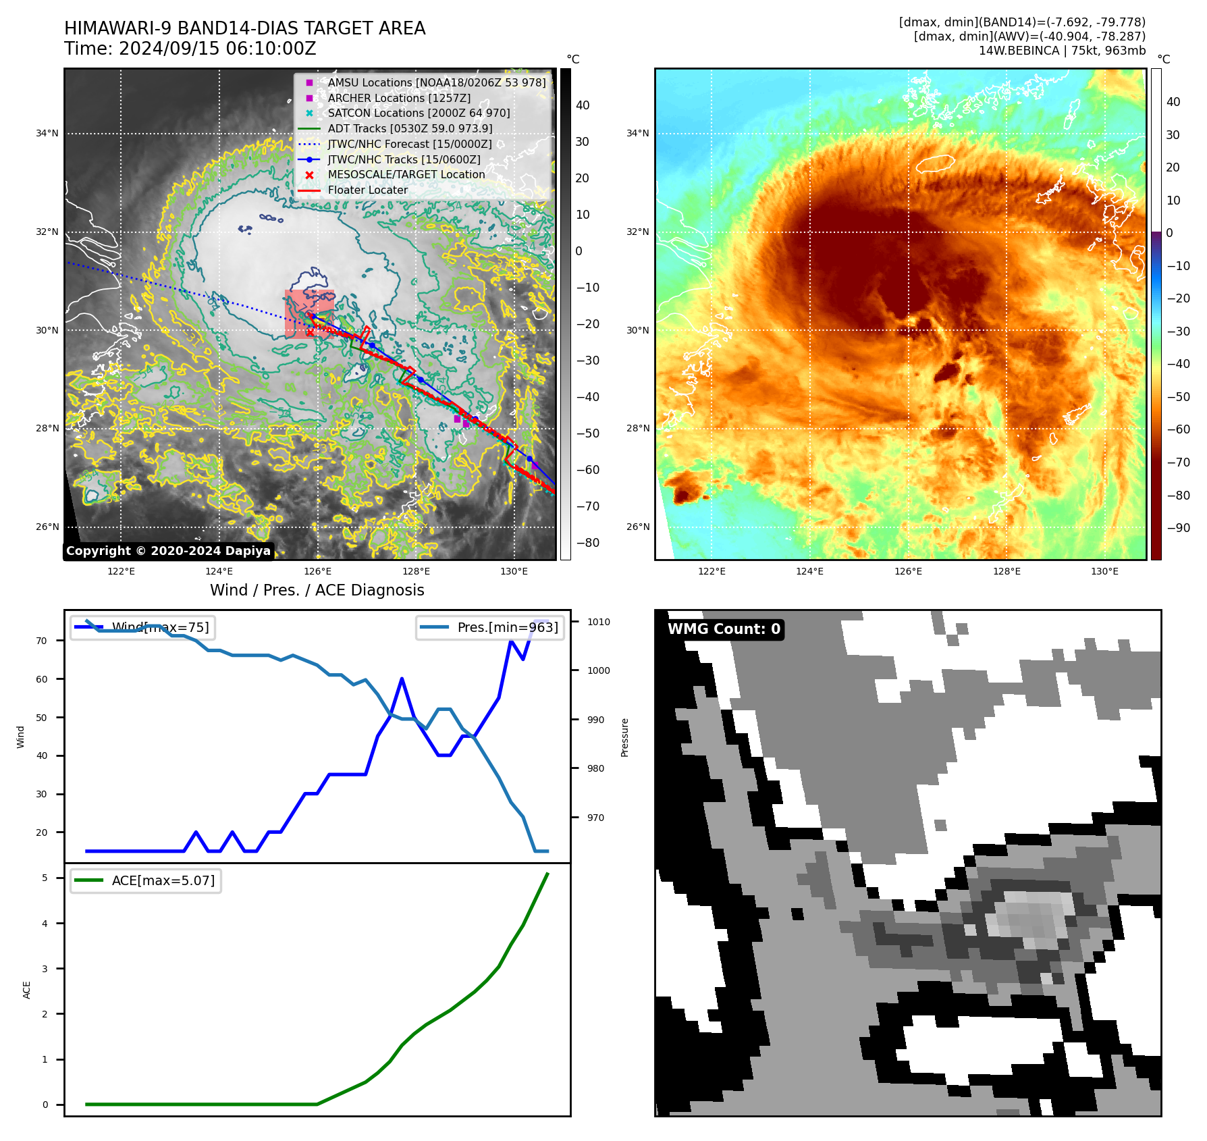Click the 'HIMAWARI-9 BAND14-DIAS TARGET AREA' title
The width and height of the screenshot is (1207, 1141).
tap(244, 28)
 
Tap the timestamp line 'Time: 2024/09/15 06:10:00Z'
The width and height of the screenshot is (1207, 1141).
tap(190, 49)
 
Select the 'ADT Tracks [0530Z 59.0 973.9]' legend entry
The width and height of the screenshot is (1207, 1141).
tap(410, 128)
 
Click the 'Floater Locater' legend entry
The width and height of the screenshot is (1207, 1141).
tap(367, 190)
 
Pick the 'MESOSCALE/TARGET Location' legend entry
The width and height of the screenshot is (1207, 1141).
tap(406, 174)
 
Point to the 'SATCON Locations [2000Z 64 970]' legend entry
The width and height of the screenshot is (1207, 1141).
tap(419, 113)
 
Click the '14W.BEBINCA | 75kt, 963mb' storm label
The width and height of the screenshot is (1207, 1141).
tap(1062, 51)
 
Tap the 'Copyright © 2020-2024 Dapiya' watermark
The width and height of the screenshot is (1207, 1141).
tap(168, 551)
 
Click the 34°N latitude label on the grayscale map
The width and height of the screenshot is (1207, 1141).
tap(47, 134)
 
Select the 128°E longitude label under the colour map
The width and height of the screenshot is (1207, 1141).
tap(1006, 571)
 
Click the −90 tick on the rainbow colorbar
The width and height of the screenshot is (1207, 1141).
tap(1178, 528)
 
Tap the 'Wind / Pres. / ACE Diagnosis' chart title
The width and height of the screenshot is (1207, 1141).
tap(317, 590)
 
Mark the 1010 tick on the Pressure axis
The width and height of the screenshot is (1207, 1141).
tap(598, 622)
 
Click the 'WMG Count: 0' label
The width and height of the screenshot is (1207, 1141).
tap(724, 629)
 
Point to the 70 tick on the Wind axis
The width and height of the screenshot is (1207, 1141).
tap(42, 641)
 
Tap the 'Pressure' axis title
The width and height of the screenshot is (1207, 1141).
tap(624, 737)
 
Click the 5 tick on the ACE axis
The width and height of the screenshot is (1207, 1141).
tap(45, 878)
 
